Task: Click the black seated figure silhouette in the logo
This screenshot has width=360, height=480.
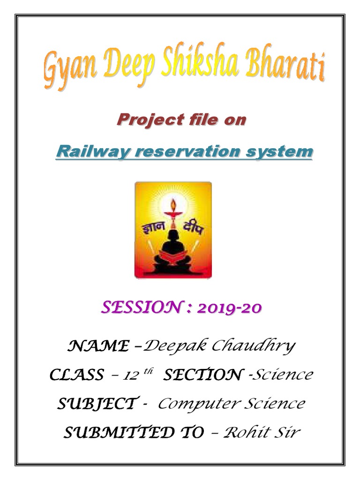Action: point(173,244)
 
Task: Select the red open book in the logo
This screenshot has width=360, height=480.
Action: point(173,257)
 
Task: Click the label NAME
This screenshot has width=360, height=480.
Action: point(98,346)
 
